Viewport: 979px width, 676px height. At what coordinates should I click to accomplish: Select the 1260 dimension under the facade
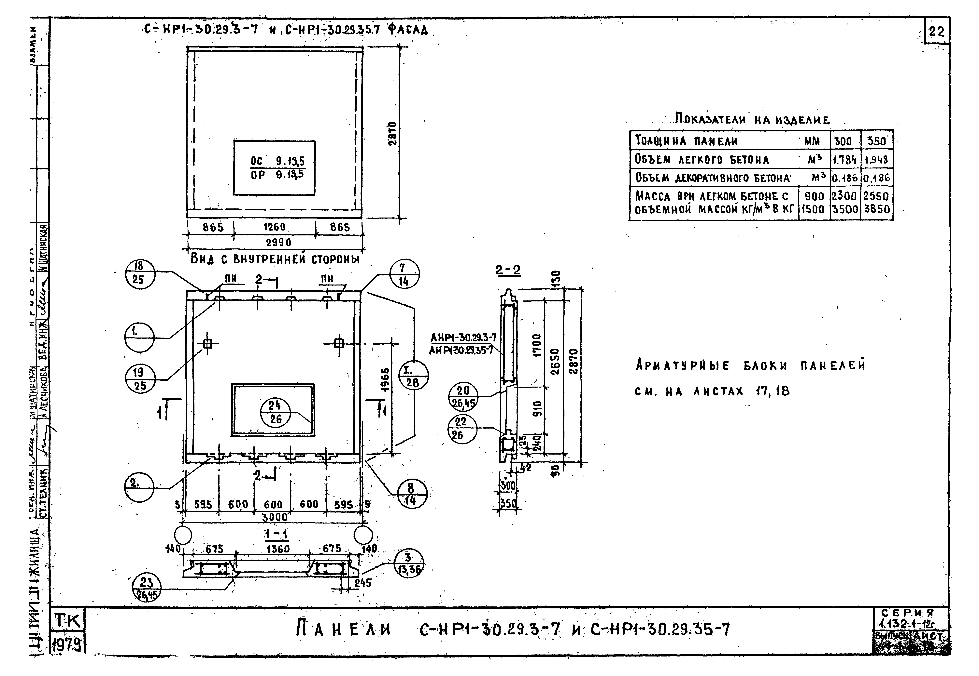274,227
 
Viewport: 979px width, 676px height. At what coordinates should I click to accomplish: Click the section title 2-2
508,271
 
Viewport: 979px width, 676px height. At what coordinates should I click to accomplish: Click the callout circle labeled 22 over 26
462,429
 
